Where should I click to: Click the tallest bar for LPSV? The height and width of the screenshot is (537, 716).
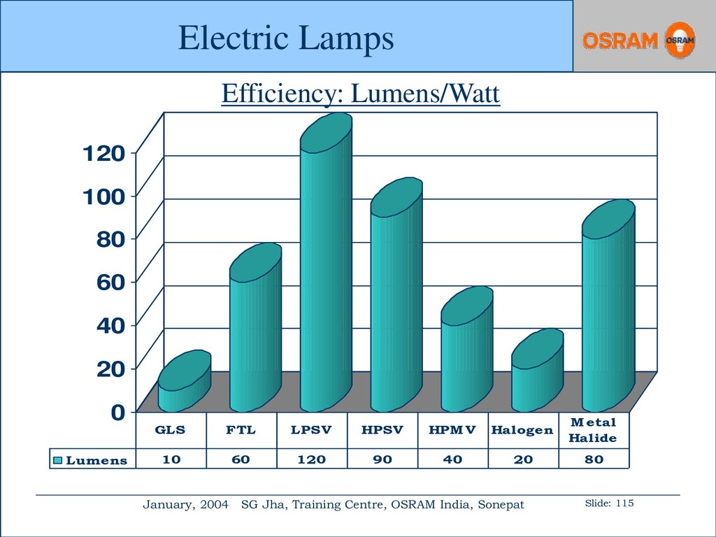[x=326, y=263]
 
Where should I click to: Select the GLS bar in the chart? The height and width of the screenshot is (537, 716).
[x=185, y=381]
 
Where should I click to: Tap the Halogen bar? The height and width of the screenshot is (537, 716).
[x=538, y=371]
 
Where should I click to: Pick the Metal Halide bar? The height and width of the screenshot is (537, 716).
[x=608, y=306]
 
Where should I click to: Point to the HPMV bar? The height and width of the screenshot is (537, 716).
[x=466, y=350]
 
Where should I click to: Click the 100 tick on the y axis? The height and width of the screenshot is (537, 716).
[x=103, y=196]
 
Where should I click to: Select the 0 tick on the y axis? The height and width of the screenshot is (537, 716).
[x=117, y=413]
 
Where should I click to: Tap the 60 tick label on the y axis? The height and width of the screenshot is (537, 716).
[x=110, y=282]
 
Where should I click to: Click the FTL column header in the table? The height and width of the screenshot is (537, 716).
[x=241, y=430]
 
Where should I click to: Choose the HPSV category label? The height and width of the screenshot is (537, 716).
[x=382, y=430]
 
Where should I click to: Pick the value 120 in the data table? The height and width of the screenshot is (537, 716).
[x=311, y=459]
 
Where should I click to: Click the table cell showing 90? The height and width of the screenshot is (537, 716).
[x=382, y=459]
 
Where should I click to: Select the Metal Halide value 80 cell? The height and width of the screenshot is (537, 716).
[x=594, y=459]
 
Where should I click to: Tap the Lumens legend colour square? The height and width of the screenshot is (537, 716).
[x=57, y=460]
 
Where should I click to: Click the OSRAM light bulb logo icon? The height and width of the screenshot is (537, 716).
[x=680, y=40]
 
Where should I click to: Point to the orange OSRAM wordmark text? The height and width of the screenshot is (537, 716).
[x=620, y=41]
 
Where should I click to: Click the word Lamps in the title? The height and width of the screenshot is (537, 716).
[x=347, y=38]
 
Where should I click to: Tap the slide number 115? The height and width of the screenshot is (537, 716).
[x=624, y=503]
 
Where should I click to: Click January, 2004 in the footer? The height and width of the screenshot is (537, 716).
[x=185, y=505]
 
